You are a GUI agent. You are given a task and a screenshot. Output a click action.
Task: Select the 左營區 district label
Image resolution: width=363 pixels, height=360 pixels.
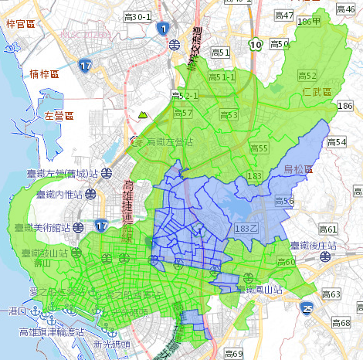(59, 116)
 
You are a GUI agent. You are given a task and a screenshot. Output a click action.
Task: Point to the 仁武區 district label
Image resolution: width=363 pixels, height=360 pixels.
(316, 92)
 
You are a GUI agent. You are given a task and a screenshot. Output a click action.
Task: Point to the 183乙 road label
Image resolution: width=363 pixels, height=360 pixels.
(246, 229)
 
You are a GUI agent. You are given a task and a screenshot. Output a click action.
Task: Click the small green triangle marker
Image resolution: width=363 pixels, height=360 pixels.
(142, 114)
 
